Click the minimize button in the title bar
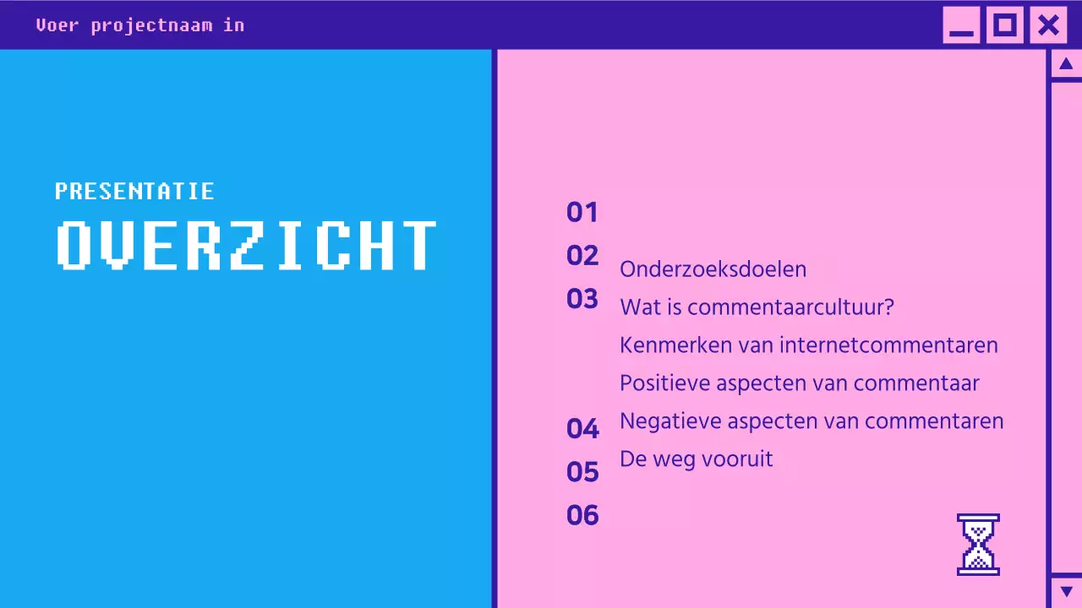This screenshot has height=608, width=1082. [x=961, y=25]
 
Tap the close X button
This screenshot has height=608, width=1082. [x=1048, y=25]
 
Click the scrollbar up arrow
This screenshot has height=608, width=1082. [x=1066, y=64]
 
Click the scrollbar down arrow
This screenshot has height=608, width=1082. [x=1066, y=591]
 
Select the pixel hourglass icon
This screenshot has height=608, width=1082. [x=978, y=545]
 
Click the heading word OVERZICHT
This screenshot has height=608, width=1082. [x=247, y=246]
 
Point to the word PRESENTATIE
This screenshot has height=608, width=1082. [x=134, y=192]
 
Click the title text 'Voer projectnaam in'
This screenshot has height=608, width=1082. [x=140, y=25]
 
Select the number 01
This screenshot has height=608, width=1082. [x=582, y=213]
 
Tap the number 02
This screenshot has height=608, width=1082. [x=582, y=256]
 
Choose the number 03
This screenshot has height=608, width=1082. [x=582, y=299]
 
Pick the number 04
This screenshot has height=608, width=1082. [x=582, y=429]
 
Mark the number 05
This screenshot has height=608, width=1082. [x=582, y=472]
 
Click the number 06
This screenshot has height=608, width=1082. [x=582, y=515]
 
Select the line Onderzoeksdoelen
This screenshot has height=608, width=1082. [x=713, y=269]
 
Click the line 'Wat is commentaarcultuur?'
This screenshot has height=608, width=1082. [x=757, y=307]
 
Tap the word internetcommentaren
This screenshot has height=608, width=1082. [x=888, y=345]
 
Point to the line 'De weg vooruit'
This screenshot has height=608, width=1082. [x=697, y=459]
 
